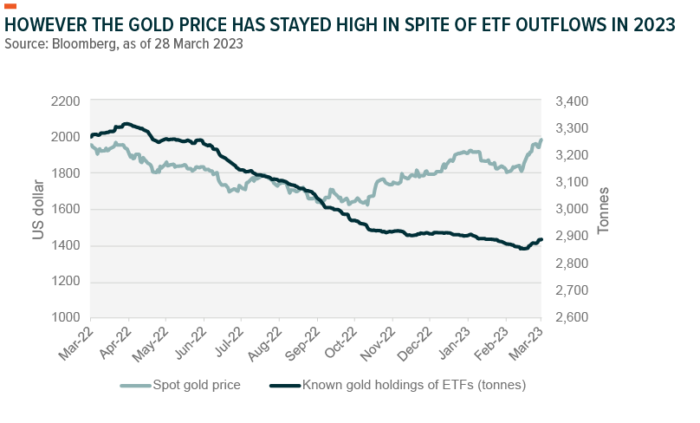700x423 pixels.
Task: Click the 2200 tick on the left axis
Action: [x=66, y=101]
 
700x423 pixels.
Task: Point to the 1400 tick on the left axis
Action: [x=66, y=245]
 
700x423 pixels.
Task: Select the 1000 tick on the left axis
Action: [x=66, y=317]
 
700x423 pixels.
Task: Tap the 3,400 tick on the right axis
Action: [x=569, y=101]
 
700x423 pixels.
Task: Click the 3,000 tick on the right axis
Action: [x=569, y=209]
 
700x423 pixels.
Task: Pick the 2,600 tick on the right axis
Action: [x=569, y=317]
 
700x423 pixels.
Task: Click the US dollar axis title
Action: [x=39, y=209]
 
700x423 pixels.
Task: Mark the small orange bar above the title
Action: [x=10, y=7]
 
